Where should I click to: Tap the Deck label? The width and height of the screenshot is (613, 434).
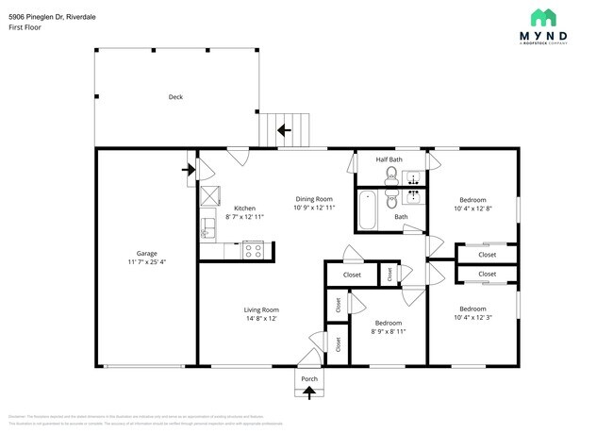(175, 97)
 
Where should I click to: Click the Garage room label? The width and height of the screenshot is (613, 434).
(146, 253)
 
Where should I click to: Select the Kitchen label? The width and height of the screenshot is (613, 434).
(244, 209)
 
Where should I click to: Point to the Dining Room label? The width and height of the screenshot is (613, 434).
(315, 199)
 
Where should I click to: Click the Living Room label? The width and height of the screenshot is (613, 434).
(262, 309)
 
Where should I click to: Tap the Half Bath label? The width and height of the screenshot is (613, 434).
(389, 159)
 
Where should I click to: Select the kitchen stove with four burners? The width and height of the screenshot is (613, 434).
(253, 250)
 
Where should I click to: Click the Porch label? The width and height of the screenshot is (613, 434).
(309, 378)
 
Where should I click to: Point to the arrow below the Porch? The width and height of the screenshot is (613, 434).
(309, 393)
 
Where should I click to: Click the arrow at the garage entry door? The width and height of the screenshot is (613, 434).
(188, 170)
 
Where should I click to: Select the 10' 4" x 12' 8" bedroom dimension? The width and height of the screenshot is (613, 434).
(472, 209)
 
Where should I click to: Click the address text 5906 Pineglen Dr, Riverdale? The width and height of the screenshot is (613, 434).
(51, 17)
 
